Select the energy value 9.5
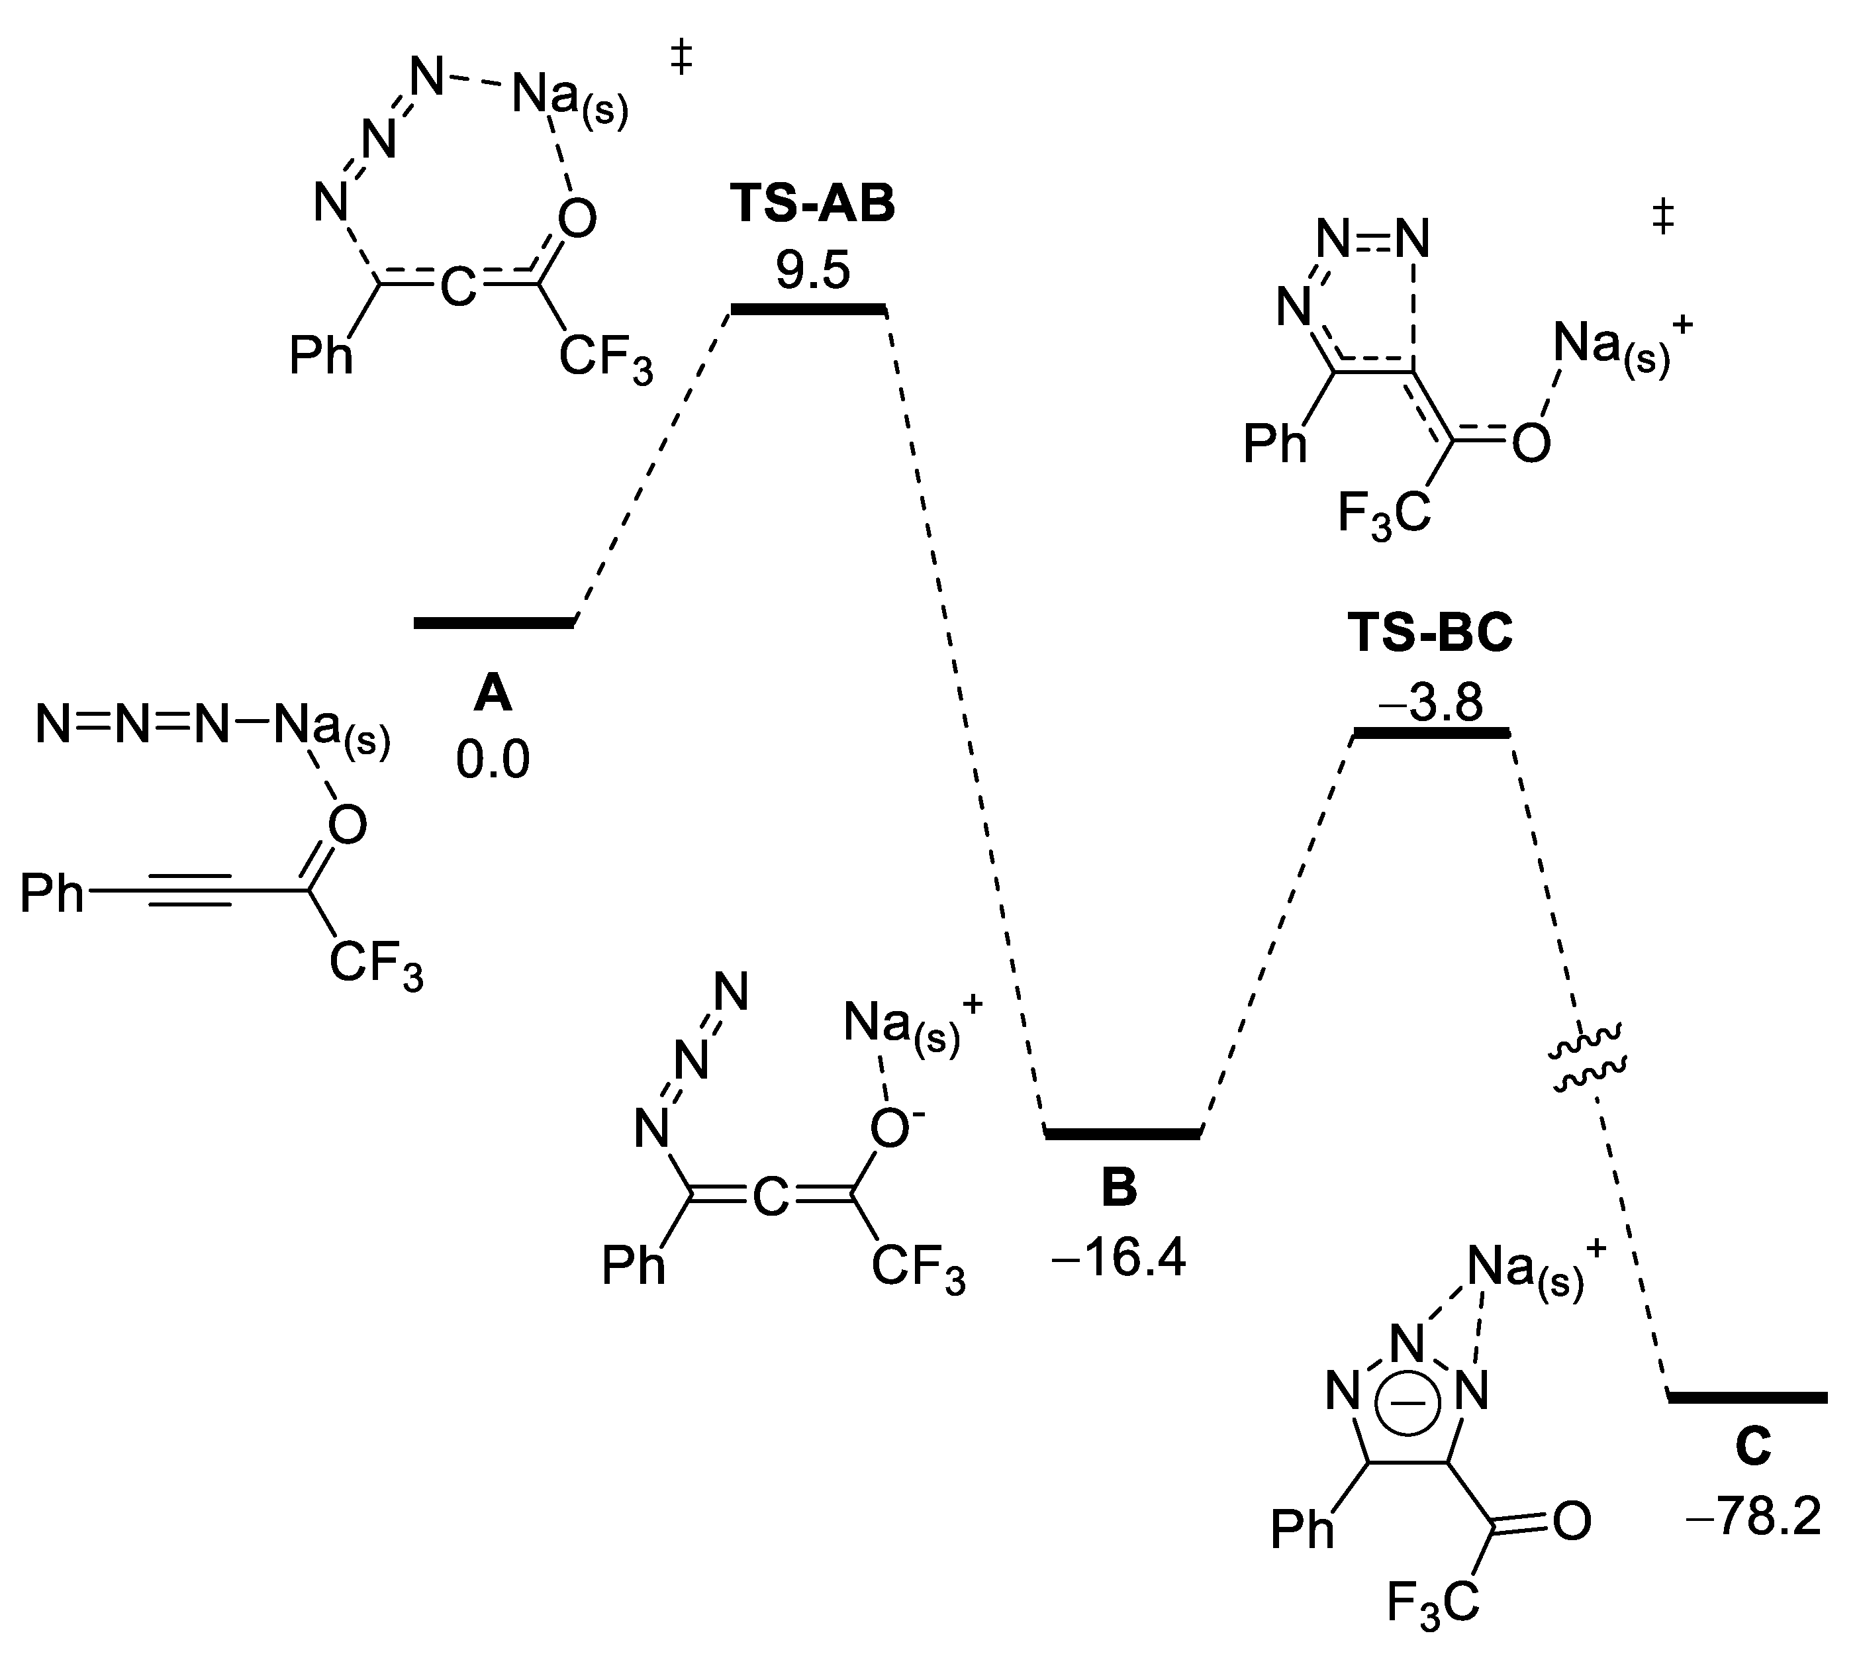pos(812,270)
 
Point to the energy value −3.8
pos(1431,701)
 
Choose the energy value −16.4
pos(1118,1260)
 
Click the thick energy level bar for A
pos(494,622)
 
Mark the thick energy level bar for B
pos(1122,1134)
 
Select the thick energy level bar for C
pos(1748,1396)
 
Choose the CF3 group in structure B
pos(918,1267)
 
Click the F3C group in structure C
pos(1433,1627)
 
